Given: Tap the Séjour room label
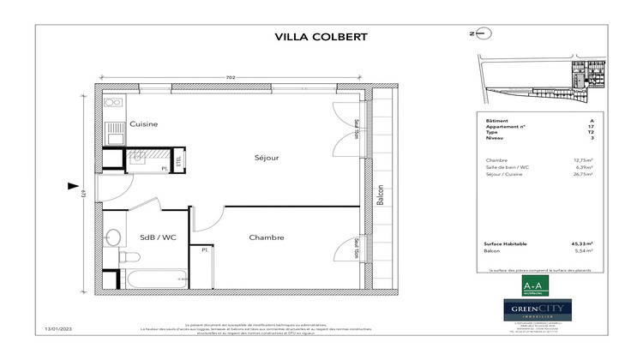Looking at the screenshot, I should click(267, 158).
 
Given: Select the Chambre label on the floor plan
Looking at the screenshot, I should click(267, 237).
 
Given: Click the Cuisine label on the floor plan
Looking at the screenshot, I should click(143, 124).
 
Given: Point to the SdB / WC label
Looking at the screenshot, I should click(158, 237).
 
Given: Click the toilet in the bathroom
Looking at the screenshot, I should click(126, 256).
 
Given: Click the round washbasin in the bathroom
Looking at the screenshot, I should click(112, 237).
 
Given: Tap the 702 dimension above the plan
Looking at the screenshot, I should click(230, 78).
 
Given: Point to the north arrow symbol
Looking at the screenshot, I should click(482, 34).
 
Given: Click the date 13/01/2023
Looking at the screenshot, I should click(58, 329).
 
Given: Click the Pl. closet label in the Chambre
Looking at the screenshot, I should click(205, 250).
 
